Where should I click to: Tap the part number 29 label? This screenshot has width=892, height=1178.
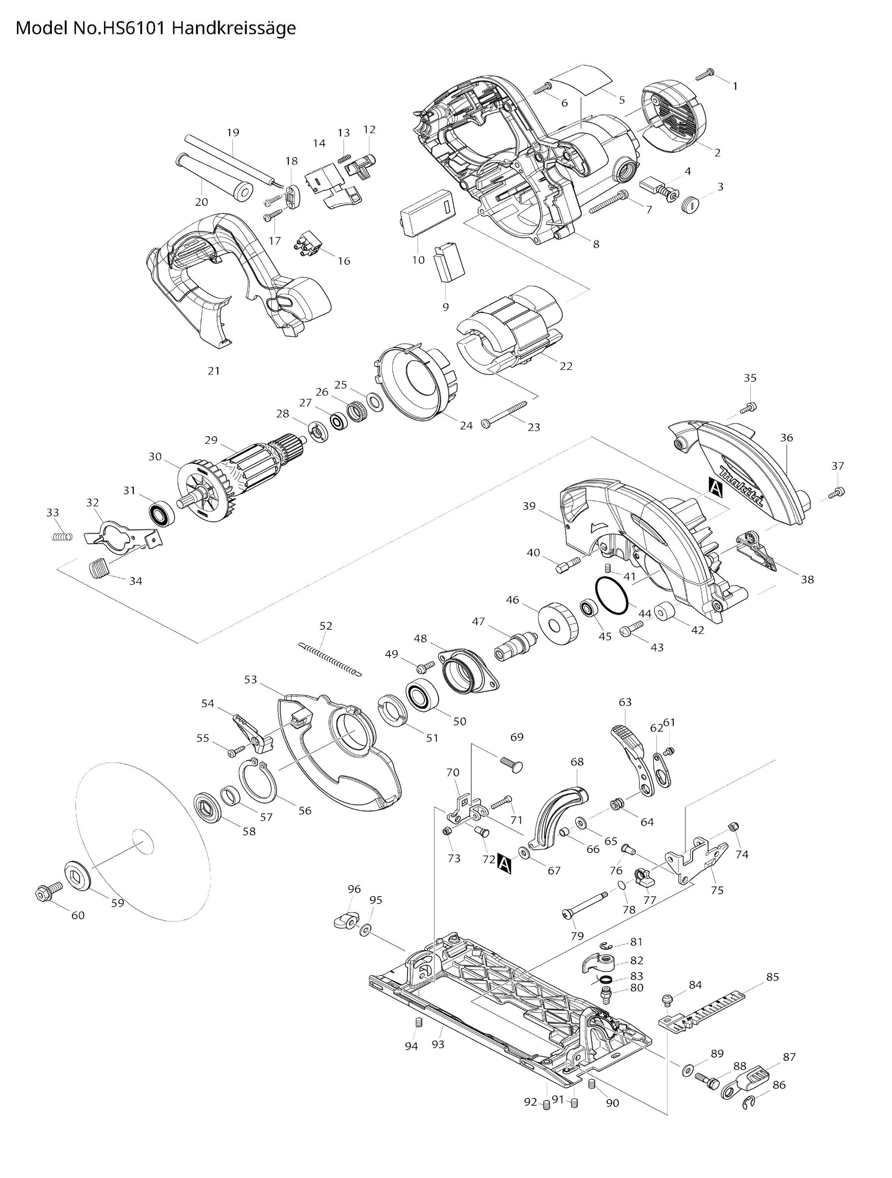(x=211, y=440)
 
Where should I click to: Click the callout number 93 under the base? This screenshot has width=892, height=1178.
(x=438, y=1044)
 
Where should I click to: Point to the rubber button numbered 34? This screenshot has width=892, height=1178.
(x=98, y=567)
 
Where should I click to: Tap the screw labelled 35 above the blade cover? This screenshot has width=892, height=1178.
(x=748, y=408)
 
